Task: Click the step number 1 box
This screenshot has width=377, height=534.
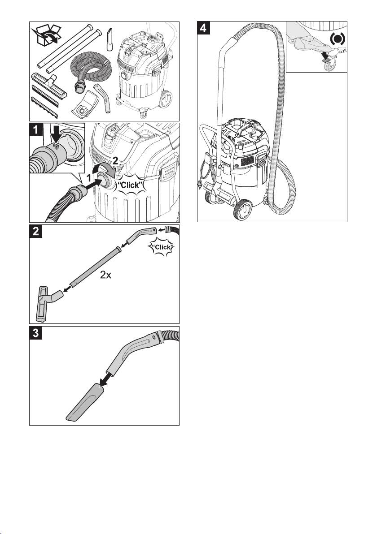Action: coord(36,130)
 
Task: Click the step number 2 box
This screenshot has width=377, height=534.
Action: coord(36,231)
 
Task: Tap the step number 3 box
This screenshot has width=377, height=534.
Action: coord(36,333)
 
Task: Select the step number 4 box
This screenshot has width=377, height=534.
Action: coord(204,28)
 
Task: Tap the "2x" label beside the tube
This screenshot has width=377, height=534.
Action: coord(106,275)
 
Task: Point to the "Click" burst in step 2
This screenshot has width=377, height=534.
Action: coord(163,247)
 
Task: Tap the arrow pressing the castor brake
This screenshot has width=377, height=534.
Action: coord(324,58)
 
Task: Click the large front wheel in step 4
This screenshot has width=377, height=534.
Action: coord(243,209)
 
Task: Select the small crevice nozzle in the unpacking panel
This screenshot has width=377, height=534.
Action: coord(110,40)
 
